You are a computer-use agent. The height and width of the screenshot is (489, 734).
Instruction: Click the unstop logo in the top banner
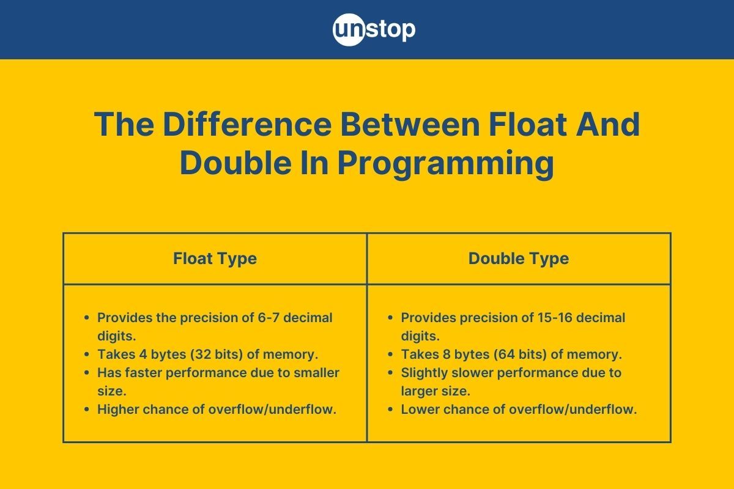(x=374, y=29)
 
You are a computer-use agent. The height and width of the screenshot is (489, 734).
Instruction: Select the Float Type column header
(x=215, y=259)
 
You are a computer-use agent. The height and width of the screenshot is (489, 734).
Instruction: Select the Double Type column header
(x=519, y=259)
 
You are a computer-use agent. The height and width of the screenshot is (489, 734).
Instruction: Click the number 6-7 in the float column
(x=250, y=318)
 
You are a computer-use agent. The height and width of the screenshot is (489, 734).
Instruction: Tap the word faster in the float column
(x=143, y=373)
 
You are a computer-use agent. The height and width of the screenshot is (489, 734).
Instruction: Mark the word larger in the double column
(x=418, y=391)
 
